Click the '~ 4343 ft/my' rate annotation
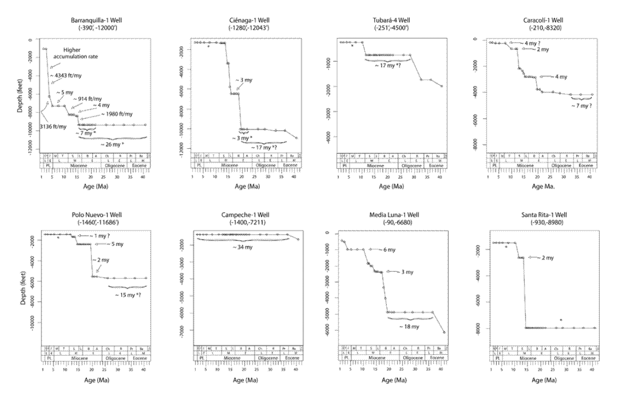(66, 76)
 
